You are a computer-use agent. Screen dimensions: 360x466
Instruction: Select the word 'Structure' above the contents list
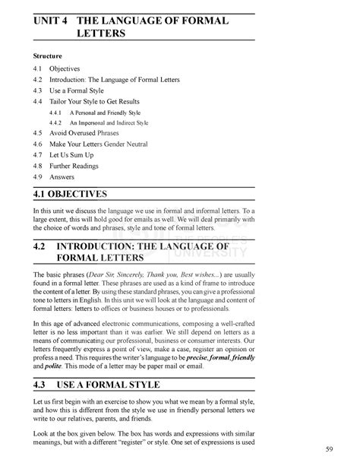tap(48, 56)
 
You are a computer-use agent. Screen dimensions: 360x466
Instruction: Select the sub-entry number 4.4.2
tap(55, 122)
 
